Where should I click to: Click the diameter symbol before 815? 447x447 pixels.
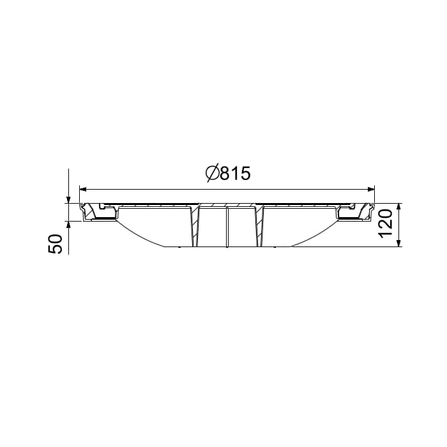pyautogui.click(x=213, y=173)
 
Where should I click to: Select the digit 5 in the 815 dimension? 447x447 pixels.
pyautogui.click(x=245, y=173)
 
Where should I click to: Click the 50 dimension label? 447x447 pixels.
pyautogui.click(x=56, y=244)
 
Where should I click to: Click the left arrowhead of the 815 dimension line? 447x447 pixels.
pyautogui.click(x=83, y=189)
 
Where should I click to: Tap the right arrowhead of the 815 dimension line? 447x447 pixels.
pyautogui.click(x=371, y=189)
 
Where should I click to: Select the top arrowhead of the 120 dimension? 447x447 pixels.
pyautogui.click(x=399, y=207)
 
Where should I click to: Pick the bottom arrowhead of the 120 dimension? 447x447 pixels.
pyautogui.click(x=399, y=243)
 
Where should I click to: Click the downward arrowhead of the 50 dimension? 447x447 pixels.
pyautogui.click(x=68, y=199)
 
